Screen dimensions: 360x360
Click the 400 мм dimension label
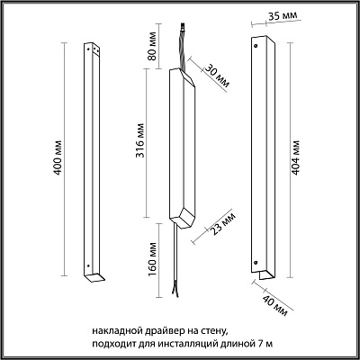pos(58,157)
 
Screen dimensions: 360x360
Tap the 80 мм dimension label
pos(152,46)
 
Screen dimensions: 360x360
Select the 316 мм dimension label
pos(140,140)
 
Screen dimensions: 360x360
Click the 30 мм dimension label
pos(217,76)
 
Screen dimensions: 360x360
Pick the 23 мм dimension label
pos(223,223)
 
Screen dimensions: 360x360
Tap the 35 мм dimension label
pos(283,15)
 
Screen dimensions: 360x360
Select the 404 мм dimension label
pos(295,157)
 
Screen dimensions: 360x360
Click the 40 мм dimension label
pos(274,305)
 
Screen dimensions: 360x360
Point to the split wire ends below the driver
pos(175,292)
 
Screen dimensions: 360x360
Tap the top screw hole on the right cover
pos(256,46)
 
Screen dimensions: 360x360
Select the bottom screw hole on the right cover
pos(256,263)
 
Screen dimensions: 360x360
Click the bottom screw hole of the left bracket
pos(88,265)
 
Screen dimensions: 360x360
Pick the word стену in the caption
pos(213,331)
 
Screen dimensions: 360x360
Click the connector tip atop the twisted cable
pos(183,26)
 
